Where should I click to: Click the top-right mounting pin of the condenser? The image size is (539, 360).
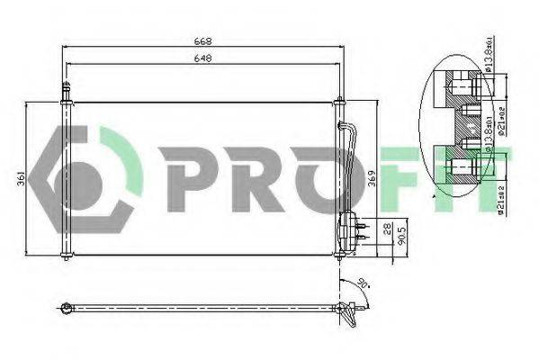(337, 101)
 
